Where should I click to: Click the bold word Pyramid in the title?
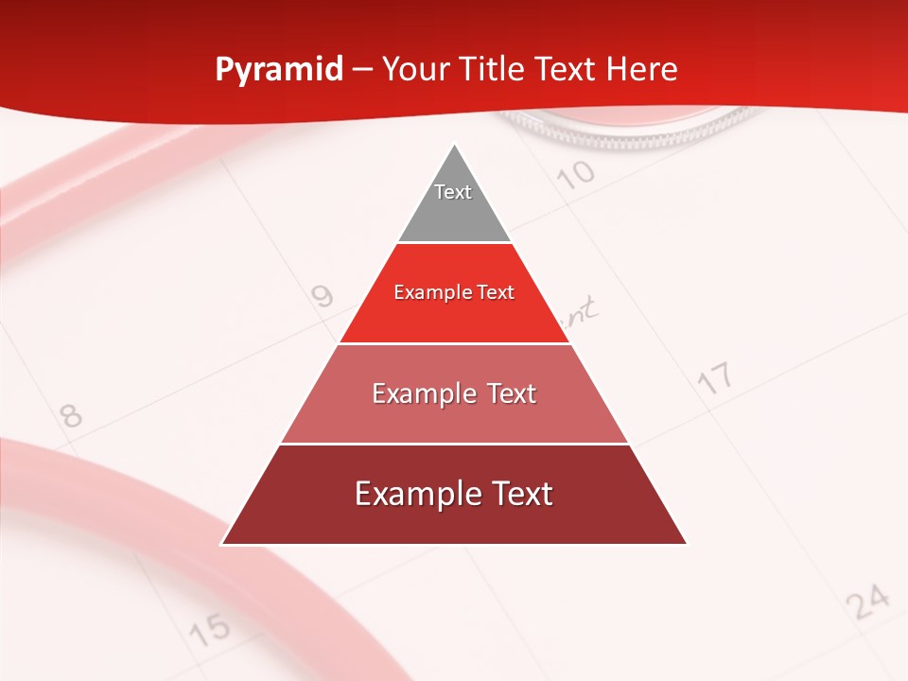click(279, 70)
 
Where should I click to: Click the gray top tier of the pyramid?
click(454, 203)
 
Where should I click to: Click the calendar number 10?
click(575, 174)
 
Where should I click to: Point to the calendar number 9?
click(323, 297)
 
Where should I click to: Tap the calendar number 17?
click(715, 378)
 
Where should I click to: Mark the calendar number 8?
click(70, 415)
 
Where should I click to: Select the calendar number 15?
click(209, 627)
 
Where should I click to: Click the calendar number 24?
click(867, 601)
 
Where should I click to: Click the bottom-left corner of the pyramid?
click(222, 544)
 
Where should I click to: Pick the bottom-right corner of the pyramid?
click(687, 544)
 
